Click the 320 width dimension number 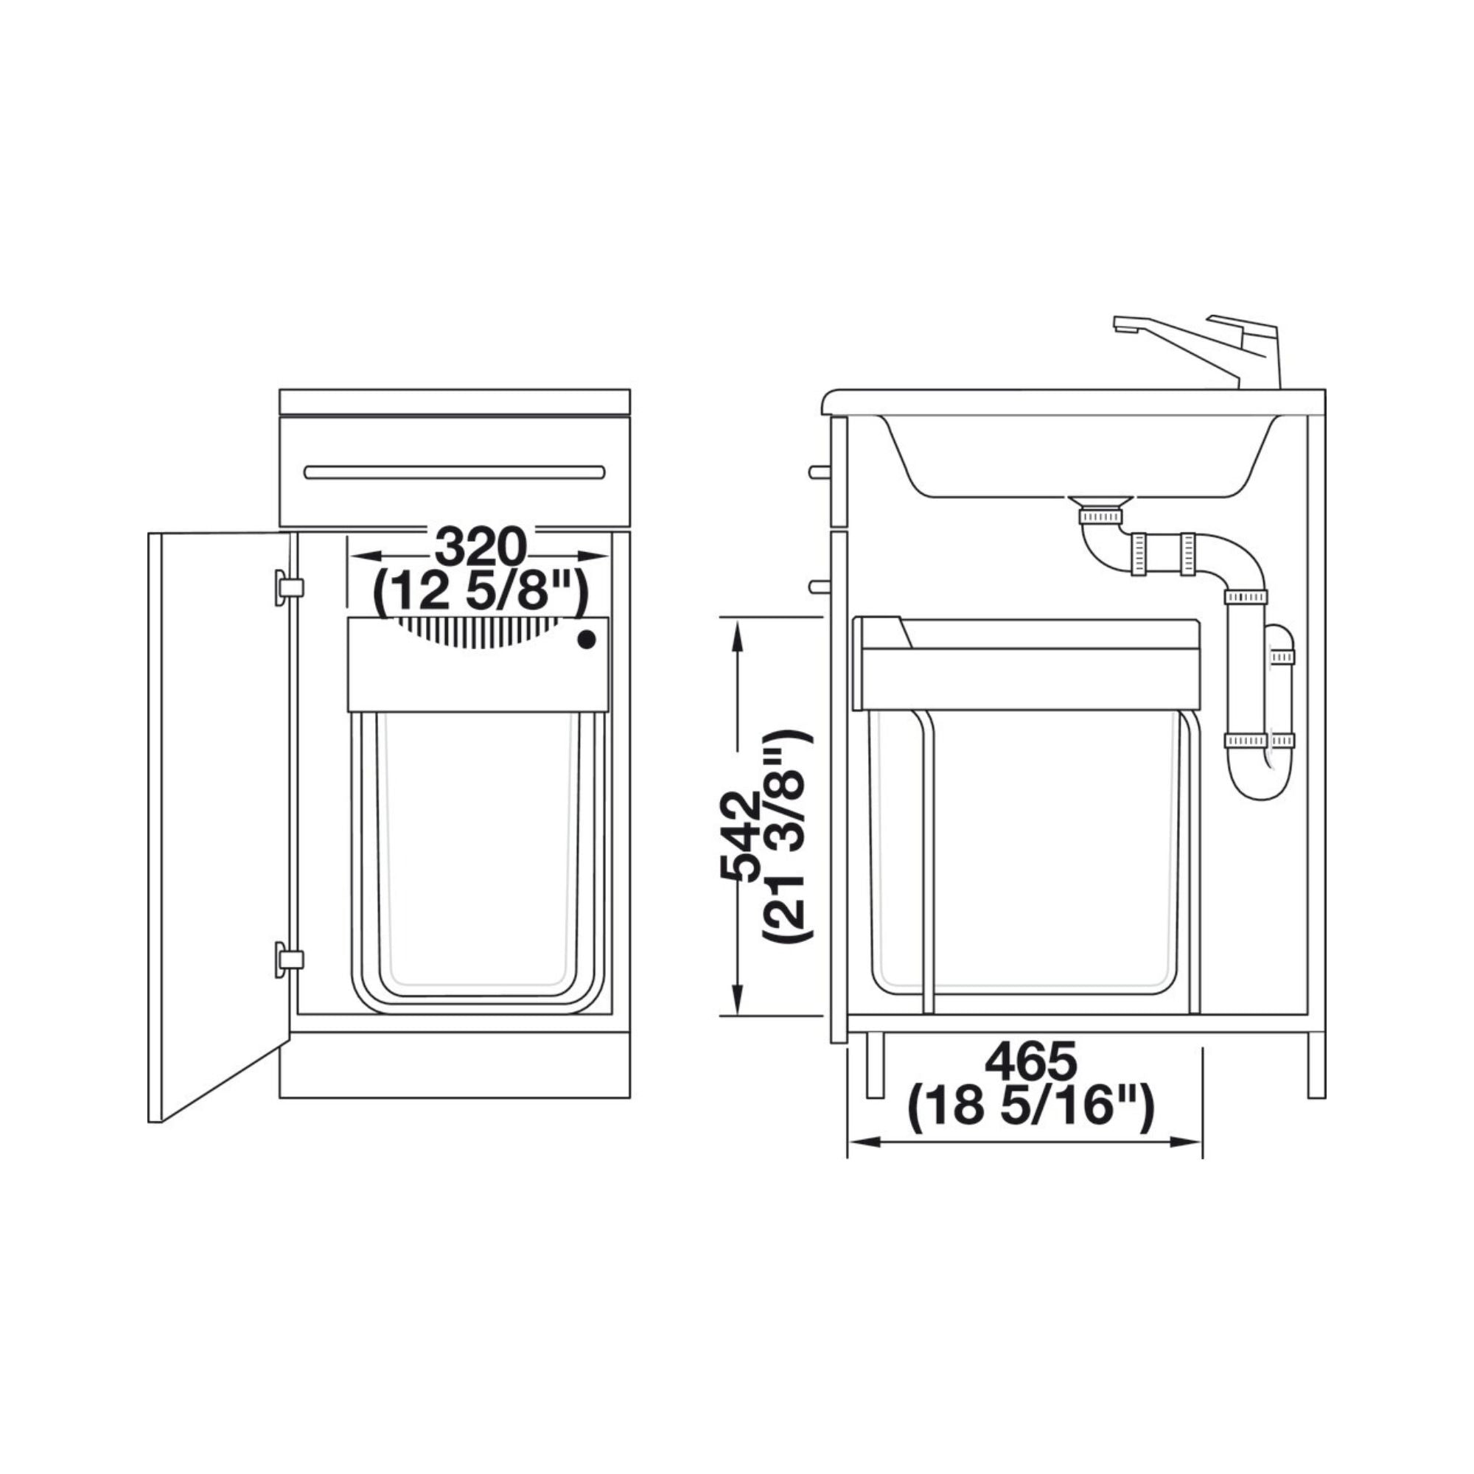480,547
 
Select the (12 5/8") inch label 480,590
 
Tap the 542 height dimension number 739,836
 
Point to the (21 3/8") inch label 786,836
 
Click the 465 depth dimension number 1031,1061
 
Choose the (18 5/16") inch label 1031,1106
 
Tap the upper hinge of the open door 288,587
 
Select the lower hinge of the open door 288,959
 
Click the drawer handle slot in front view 455,472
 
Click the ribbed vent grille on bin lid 477,632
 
